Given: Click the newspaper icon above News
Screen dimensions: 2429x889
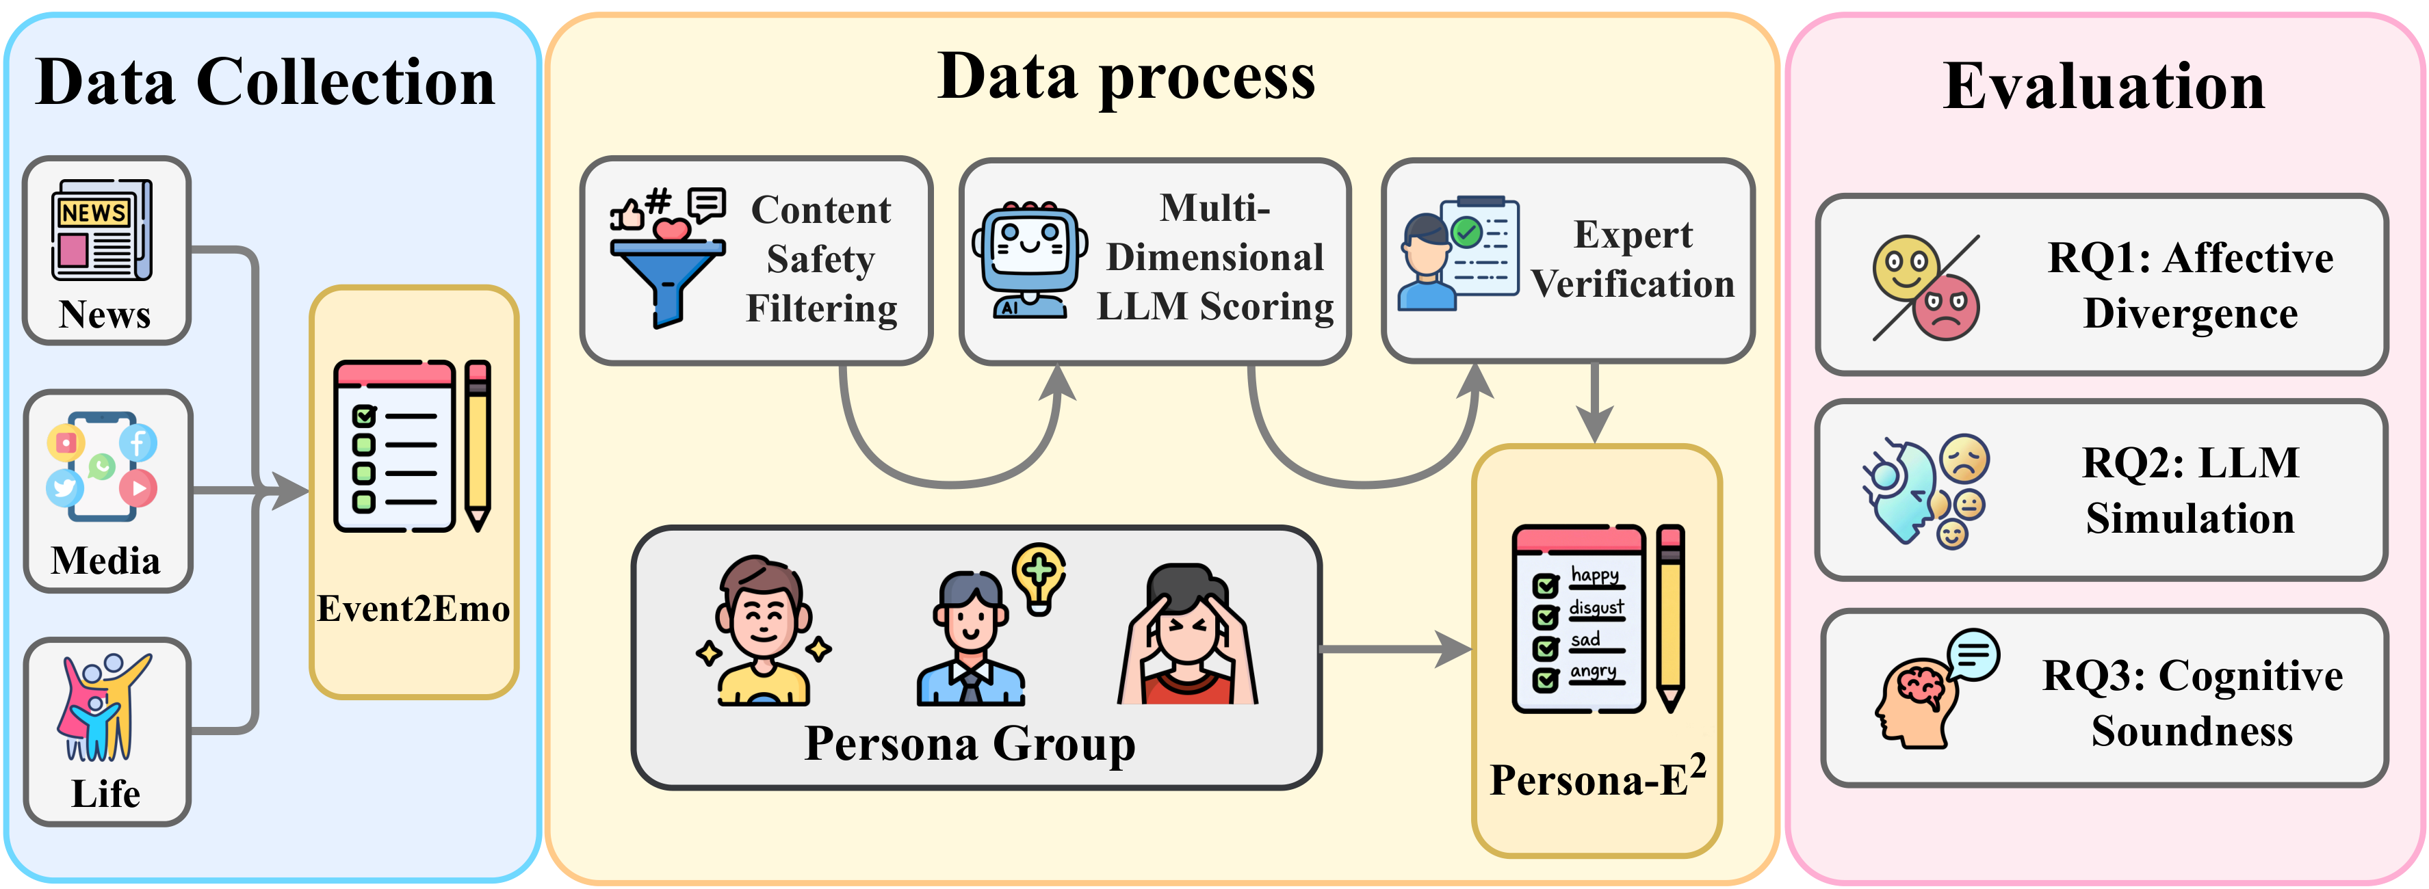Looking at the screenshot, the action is [102, 229].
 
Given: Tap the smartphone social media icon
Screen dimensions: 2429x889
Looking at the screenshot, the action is [102, 466].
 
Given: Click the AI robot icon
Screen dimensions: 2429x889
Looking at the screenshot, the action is [1030, 259].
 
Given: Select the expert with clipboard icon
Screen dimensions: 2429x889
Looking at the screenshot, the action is [1458, 252].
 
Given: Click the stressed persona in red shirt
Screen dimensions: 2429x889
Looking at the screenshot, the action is [1187, 635].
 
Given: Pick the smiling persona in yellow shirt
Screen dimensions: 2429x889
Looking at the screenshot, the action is [763, 631].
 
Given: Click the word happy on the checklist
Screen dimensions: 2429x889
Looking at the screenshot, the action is [1594, 575].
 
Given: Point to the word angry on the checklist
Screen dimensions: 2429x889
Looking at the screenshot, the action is [1594, 672].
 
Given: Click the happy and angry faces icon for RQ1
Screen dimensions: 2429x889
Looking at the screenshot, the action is [1925, 287].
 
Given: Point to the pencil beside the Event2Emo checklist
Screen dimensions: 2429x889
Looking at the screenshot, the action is [478, 445].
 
